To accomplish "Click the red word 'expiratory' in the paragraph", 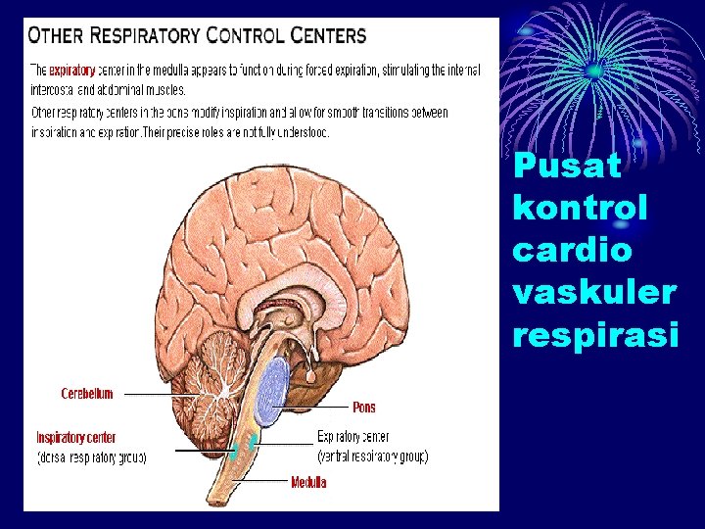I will coord(70,71).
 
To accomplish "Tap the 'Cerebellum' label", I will coord(86,394).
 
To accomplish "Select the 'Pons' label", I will coord(363,407).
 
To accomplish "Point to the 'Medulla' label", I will coord(308,482).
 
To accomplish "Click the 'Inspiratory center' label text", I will coord(76,437).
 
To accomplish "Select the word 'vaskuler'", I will coord(593,292).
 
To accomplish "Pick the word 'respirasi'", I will coord(595,335).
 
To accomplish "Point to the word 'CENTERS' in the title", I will coord(328,37).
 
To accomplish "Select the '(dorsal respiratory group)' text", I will coord(91,457).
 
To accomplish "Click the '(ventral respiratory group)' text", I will coord(372,457).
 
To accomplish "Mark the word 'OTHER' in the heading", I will coord(57,37).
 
